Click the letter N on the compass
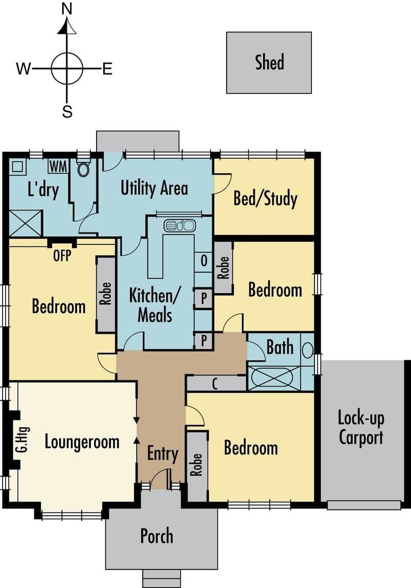coord(67,9)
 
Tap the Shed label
coord(269,62)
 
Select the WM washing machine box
coord(58,166)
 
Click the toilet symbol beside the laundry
coord(83,167)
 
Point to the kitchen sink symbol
coord(180,226)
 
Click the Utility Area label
coord(154,188)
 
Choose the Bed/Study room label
coord(265,198)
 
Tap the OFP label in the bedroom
coord(62,255)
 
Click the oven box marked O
coord(203,260)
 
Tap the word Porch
coord(157,536)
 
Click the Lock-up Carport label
coord(361,427)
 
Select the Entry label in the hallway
coord(162,454)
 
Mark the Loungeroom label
coord(82,442)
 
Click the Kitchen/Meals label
coord(155,305)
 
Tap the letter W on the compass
coord(23,69)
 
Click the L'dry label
coord(43,189)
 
